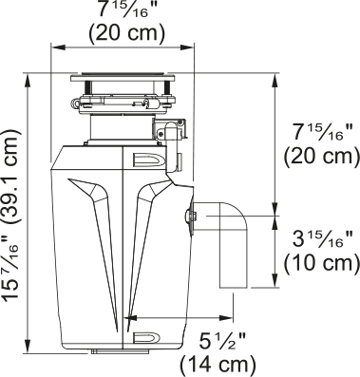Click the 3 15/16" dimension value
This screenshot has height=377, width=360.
point(318,236)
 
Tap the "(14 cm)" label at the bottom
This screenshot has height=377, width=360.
point(218,363)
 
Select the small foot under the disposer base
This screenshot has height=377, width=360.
point(104,351)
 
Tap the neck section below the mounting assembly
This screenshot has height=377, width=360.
point(119,129)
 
